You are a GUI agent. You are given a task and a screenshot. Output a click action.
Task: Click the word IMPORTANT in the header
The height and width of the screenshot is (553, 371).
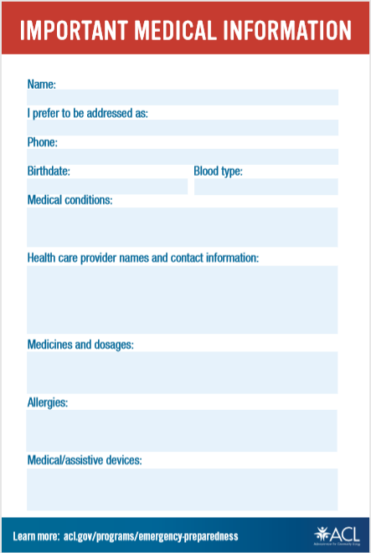click(70, 31)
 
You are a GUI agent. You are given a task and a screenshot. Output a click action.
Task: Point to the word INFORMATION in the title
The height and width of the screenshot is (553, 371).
click(287, 31)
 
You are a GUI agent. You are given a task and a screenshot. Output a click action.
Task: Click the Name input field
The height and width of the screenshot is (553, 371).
click(183, 97)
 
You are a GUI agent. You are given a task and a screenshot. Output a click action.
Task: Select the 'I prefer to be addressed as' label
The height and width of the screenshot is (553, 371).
click(88, 113)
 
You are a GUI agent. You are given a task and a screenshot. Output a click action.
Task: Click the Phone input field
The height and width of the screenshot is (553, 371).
click(183, 156)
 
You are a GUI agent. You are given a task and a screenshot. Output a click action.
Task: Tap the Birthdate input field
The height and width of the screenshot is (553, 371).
click(107, 186)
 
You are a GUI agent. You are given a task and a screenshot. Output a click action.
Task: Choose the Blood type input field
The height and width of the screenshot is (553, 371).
click(265, 186)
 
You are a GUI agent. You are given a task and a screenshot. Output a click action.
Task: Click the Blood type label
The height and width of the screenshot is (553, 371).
click(218, 172)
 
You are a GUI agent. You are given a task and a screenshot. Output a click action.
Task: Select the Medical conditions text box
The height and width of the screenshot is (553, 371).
click(183, 227)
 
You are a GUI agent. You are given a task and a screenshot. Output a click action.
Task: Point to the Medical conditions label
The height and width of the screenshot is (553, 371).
click(70, 201)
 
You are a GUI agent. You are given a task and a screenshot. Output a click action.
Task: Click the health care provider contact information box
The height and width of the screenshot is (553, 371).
click(183, 300)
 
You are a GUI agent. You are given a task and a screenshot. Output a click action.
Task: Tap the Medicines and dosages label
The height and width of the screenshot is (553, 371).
click(80, 345)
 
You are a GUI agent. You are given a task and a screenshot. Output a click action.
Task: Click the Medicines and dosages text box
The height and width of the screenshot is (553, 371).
click(183, 372)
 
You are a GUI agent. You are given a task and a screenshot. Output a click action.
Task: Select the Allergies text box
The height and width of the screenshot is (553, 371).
click(183, 431)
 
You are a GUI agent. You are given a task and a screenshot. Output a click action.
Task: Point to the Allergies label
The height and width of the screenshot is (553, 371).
click(48, 403)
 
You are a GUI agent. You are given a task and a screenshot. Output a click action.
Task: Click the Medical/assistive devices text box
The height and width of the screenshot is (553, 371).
click(183, 489)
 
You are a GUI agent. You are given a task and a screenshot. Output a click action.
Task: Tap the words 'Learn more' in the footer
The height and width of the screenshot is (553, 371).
click(36, 535)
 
